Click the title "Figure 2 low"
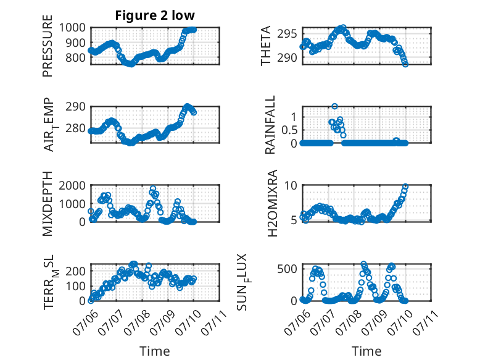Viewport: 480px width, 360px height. point(155,15)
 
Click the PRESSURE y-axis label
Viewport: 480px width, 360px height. point(48,46)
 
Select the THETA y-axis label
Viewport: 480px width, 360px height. point(266,46)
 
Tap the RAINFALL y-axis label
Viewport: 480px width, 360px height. point(270,125)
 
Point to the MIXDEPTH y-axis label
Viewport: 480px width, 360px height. point(48,204)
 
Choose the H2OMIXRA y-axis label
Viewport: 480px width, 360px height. point(272,203)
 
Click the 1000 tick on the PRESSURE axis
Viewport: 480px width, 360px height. point(72,28)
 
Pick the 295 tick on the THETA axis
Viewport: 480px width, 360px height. point(287,34)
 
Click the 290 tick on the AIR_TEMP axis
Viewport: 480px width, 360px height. point(75,107)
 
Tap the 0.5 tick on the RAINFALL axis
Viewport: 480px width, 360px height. point(289,130)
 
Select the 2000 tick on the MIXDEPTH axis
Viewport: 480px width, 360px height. point(72,185)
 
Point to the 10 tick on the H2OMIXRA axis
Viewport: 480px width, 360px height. point(291,185)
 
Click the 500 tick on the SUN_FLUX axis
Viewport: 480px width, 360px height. point(287,269)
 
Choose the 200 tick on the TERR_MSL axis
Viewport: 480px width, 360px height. point(75,271)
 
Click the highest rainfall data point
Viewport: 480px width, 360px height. point(334,106)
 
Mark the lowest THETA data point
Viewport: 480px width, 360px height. point(405,64)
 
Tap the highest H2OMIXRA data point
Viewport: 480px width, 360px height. point(405,186)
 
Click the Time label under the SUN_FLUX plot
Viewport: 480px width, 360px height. point(366,351)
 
